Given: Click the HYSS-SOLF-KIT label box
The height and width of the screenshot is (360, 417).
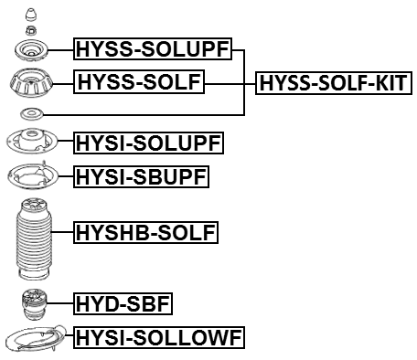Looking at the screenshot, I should click(333, 84).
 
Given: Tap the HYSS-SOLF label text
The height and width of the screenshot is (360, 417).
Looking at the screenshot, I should click(140, 84).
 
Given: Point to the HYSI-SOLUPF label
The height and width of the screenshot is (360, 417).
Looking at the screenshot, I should click(148, 143).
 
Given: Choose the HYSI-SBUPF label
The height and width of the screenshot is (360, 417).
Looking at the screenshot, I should click(142, 175).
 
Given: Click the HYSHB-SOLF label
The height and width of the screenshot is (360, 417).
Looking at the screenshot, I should click(146, 233).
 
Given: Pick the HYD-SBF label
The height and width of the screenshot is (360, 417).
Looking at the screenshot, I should click(123, 302).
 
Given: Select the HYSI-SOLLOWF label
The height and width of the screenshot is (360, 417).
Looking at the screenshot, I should click(159, 338).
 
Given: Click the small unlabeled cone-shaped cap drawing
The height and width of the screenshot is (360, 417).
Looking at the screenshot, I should click(34, 16).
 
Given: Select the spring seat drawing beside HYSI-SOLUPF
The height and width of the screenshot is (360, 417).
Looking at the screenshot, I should click(32, 143).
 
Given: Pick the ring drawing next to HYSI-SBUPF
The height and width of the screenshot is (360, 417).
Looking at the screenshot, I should click(32, 175).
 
